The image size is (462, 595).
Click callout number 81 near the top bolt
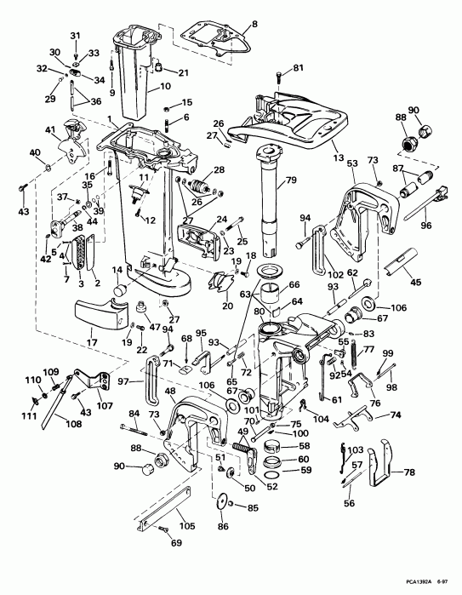(x=298, y=67)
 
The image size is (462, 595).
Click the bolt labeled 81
(x=280, y=77)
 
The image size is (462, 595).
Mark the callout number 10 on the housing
(x=165, y=87)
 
